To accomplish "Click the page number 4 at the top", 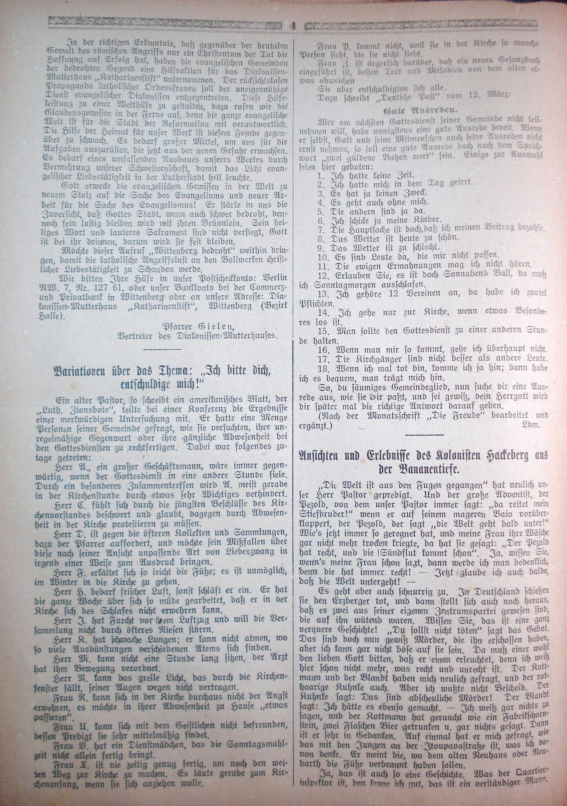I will click(293, 26).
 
